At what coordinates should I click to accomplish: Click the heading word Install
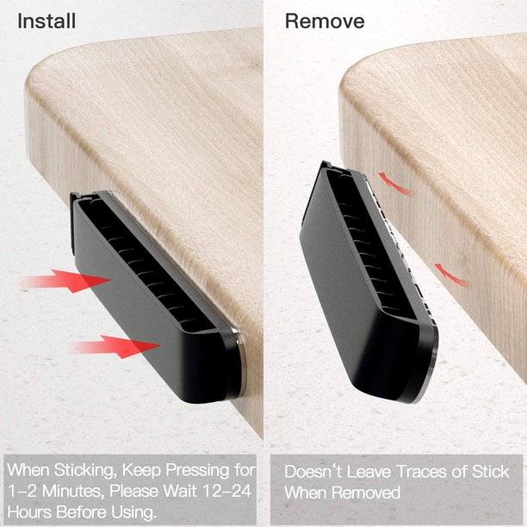[x=46, y=21]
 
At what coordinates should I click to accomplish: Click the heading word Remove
[x=325, y=21]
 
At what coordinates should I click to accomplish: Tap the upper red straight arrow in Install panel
[x=65, y=281]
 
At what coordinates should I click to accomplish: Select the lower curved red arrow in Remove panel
[x=450, y=276]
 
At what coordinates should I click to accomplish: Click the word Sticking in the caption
[x=86, y=470]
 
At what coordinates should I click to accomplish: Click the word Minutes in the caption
[x=71, y=491]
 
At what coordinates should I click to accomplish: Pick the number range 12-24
[x=226, y=491]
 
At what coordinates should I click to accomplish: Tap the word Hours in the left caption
[x=29, y=512]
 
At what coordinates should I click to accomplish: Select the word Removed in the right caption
[x=367, y=493]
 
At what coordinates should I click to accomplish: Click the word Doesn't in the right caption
[x=313, y=472]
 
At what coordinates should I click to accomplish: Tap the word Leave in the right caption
[x=369, y=472]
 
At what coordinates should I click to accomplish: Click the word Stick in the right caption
[x=491, y=472]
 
